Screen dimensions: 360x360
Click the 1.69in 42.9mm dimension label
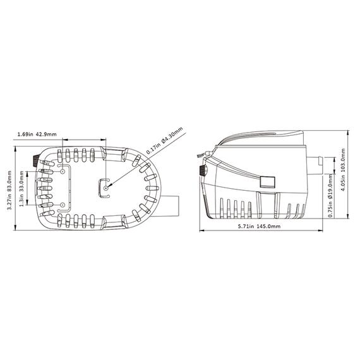37,134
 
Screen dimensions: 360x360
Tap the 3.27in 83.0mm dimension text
9,190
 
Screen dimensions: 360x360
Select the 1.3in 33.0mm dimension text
21,189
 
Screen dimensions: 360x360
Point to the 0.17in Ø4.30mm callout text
165,140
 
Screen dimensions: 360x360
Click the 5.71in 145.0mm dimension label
259,226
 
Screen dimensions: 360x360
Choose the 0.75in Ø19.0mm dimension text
330,195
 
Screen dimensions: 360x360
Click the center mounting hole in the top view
106,188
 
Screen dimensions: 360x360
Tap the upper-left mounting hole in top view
63,172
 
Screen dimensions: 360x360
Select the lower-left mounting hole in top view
63,205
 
